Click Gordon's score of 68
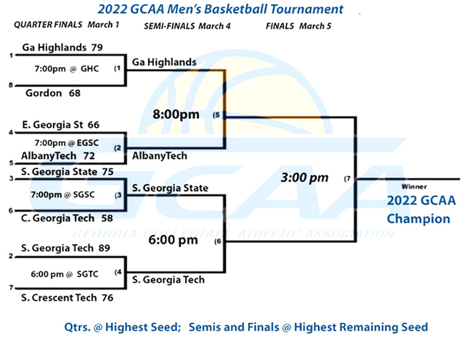click(x=74, y=93)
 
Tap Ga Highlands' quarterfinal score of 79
click(x=96, y=48)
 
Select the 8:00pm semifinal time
click(x=176, y=114)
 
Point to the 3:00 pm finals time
click(x=305, y=178)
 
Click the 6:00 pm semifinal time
click(x=173, y=240)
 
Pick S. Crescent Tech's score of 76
click(x=108, y=297)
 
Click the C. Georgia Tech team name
click(x=58, y=218)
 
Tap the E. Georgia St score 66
click(x=94, y=125)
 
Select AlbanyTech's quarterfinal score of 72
click(x=89, y=156)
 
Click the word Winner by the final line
click(x=414, y=186)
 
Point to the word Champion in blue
click(x=419, y=219)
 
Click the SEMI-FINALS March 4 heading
click(x=187, y=26)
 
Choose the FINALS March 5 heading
click(x=298, y=26)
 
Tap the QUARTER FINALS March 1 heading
click(x=66, y=24)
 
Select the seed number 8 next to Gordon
click(x=11, y=85)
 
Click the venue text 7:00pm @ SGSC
click(x=63, y=195)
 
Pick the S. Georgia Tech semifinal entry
click(x=168, y=280)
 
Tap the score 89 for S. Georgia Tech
click(x=104, y=248)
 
